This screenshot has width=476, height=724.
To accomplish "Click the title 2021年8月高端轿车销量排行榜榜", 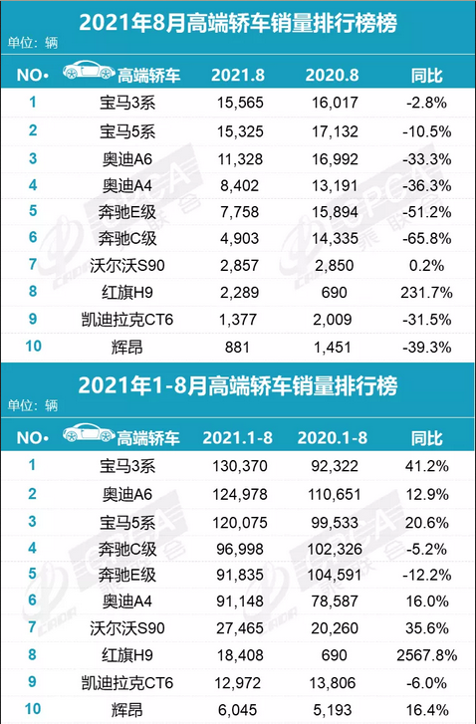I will point(237,21).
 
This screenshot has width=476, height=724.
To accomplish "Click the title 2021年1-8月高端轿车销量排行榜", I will point(237,385).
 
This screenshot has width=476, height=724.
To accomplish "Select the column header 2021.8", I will point(237,75).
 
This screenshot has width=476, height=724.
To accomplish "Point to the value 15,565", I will point(237,102).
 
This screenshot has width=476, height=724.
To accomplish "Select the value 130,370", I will point(237,464).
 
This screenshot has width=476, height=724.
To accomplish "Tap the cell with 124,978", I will point(237,491).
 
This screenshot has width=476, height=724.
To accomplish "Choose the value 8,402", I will point(237,183).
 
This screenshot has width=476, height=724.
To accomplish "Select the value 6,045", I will point(237,708).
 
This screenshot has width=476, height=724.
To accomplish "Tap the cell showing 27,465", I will point(237,626).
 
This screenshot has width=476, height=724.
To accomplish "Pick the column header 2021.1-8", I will point(237,437).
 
